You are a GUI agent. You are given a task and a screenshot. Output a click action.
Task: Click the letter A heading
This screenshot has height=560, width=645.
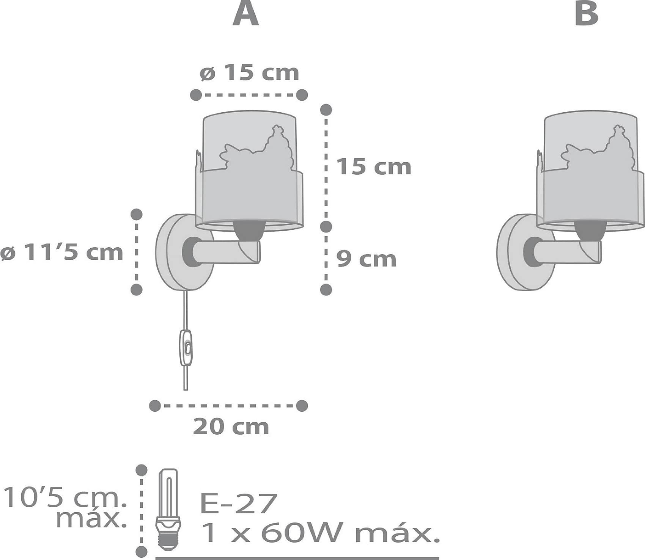(246, 14)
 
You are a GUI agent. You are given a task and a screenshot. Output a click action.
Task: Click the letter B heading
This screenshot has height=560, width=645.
(587, 14)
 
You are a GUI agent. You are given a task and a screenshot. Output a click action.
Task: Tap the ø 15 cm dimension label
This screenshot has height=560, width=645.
(250, 72)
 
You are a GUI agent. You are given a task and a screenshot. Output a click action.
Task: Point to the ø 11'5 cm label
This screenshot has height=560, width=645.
(62, 252)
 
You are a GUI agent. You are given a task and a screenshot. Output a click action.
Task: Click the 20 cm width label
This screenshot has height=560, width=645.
(231, 427)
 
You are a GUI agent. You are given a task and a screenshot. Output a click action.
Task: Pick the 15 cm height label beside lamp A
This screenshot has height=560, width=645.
(374, 167)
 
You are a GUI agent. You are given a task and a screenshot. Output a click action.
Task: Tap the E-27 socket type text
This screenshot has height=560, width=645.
(237, 504)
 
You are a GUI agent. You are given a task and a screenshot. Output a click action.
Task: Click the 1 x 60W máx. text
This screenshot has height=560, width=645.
(320, 534)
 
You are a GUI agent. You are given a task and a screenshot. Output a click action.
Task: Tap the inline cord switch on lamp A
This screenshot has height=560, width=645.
(186, 347)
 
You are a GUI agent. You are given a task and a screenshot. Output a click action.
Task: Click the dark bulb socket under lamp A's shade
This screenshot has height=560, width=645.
(249, 231)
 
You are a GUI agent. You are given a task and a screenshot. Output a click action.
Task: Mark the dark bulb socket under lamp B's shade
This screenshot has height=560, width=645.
(590, 231)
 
